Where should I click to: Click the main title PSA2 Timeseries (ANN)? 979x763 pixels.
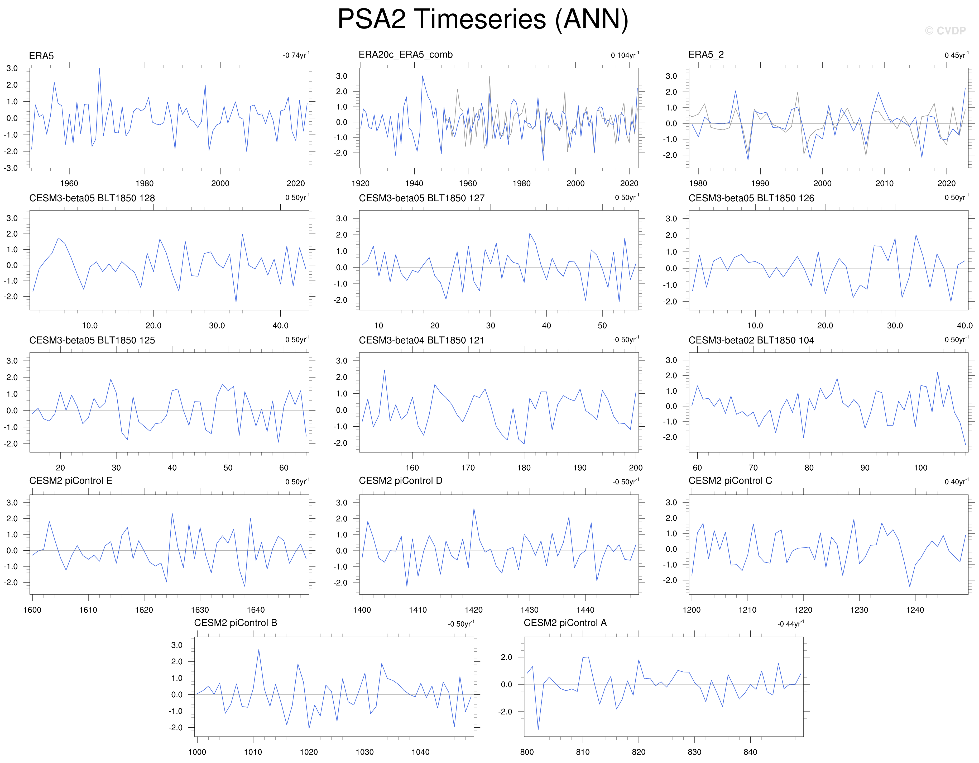[483, 20]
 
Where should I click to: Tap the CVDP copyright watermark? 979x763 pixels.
[945, 31]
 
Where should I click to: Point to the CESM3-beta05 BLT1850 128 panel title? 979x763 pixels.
[92, 198]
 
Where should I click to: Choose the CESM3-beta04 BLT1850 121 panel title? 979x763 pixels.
[421, 340]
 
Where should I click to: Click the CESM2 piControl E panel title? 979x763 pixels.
[70, 481]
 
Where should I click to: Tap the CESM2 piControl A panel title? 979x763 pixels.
[565, 623]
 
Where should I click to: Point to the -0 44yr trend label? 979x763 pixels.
[790, 624]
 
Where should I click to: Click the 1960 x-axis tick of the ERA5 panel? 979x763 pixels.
[69, 183]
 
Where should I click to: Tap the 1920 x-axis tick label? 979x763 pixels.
[361, 183]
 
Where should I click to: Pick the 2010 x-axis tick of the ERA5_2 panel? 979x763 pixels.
[884, 183]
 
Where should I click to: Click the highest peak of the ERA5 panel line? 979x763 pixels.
[99, 69]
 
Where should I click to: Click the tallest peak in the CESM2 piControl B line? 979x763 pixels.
[259, 650]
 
